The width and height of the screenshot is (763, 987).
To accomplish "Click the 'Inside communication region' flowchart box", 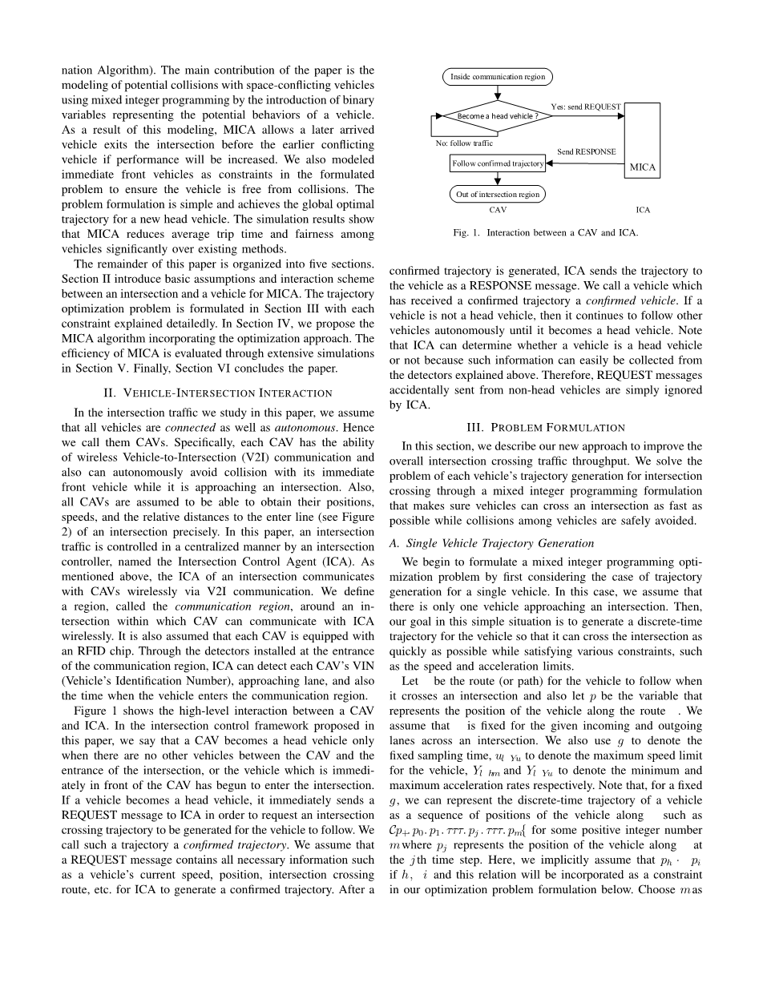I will click(497, 77).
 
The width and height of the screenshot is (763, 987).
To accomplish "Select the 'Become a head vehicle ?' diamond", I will click(497, 116).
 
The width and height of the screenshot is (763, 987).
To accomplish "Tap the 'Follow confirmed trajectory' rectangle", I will click(498, 163).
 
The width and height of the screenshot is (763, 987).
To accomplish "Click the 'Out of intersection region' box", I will click(497, 195).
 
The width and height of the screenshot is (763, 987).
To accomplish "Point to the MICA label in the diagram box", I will click(643, 167).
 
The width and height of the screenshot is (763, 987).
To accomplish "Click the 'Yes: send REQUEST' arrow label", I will click(585, 107).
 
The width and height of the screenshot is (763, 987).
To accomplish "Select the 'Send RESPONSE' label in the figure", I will click(587, 151).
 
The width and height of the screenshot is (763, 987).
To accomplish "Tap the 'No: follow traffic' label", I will click(464, 143).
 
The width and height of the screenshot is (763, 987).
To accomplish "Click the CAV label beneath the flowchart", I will click(498, 211).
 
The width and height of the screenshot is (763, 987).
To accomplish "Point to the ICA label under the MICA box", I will click(643, 211).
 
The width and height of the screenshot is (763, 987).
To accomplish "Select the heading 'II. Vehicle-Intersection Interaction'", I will click(218, 393).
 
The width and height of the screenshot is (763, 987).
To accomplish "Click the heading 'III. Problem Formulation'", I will click(545, 428).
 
